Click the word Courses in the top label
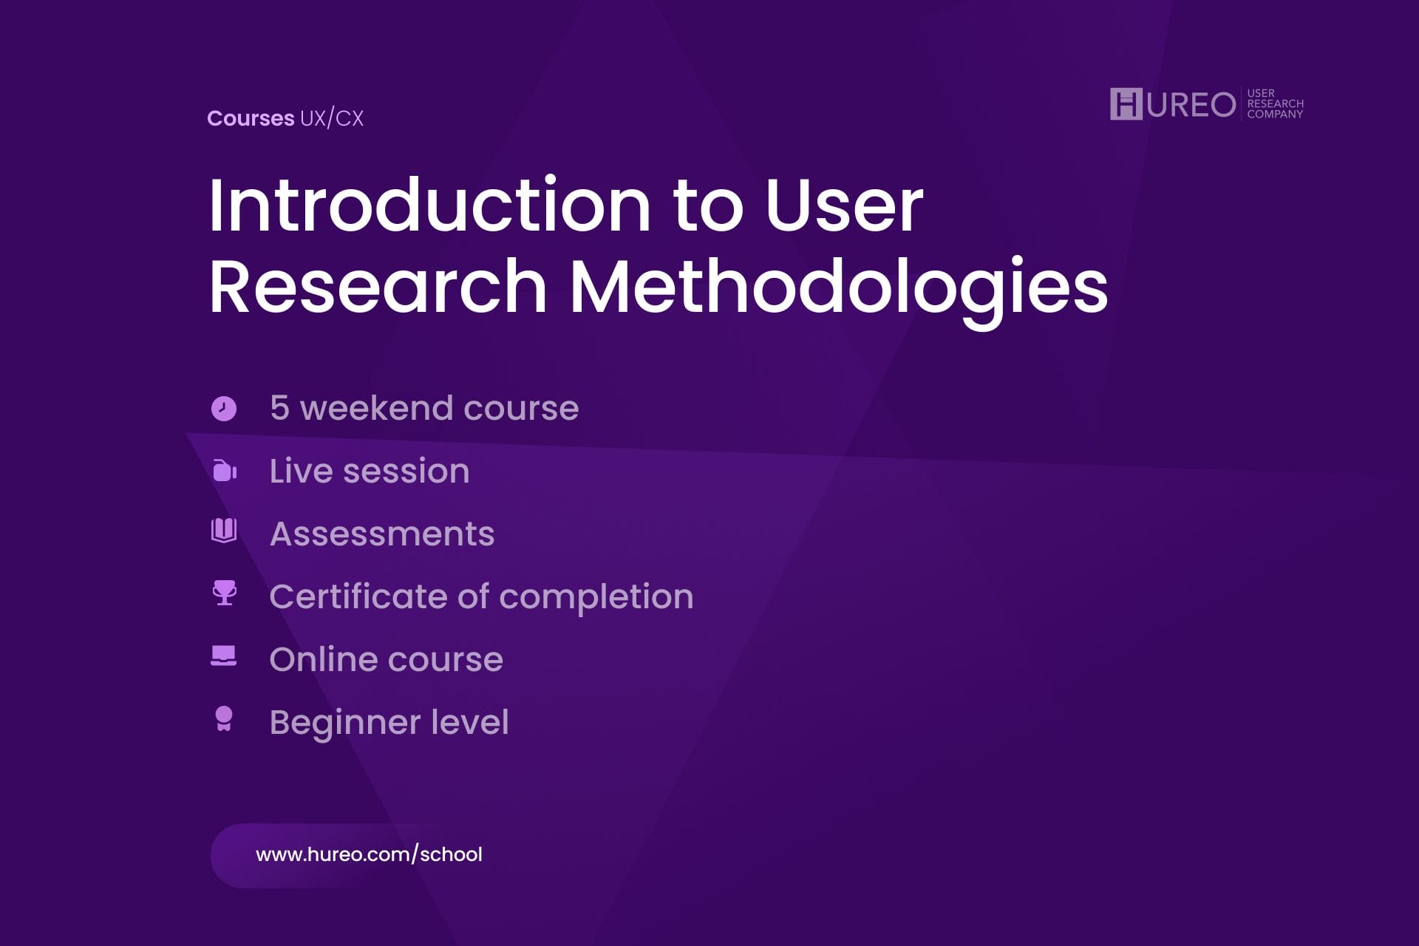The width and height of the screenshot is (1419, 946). [x=251, y=118]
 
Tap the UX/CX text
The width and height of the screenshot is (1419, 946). [x=332, y=118]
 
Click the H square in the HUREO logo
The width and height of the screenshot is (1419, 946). [x=1126, y=103]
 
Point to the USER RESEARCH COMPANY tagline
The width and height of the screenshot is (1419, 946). [x=1275, y=103]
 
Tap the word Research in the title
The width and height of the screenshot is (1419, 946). [x=378, y=287]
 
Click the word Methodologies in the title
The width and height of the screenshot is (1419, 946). [x=839, y=287]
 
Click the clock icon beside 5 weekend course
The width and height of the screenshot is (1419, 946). [x=224, y=408]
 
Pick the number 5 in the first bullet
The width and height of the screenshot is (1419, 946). [x=279, y=408]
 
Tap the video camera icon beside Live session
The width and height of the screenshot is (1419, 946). [x=224, y=471]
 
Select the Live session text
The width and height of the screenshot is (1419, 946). [x=370, y=472]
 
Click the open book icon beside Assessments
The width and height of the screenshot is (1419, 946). [x=224, y=530]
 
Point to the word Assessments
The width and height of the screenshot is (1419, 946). [x=382, y=534]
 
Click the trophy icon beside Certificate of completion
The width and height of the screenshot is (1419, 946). [x=224, y=593]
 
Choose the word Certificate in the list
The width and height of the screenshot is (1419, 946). [x=358, y=597]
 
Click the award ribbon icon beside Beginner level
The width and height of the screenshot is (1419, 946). [x=223, y=718]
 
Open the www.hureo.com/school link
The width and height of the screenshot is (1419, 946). [x=369, y=855]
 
